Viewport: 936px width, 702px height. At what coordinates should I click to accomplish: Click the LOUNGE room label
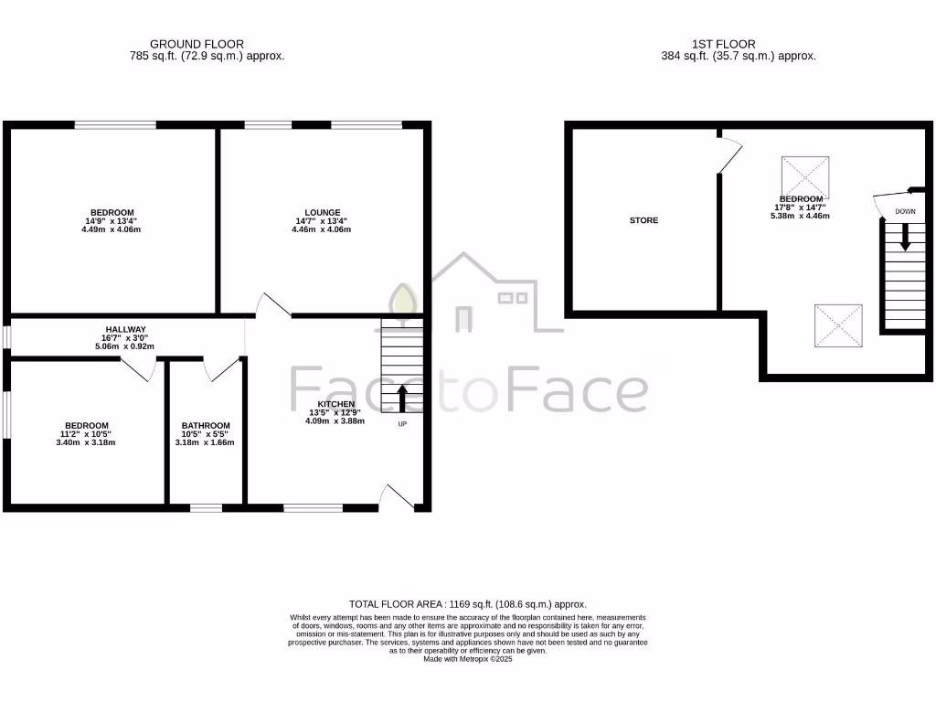pyautogui.click(x=323, y=212)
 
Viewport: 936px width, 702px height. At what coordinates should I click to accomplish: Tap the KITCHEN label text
pyautogui.click(x=335, y=404)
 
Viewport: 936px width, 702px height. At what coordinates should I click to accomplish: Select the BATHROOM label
pyautogui.click(x=206, y=425)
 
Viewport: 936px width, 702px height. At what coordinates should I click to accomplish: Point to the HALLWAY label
pyautogui.click(x=125, y=329)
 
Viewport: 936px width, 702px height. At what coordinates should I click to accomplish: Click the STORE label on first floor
pyautogui.click(x=643, y=220)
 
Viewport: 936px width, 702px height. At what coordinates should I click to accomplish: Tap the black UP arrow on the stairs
pyautogui.click(x=401, y=399)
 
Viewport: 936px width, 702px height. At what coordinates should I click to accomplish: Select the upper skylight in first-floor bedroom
pyautogui.click(x=805, y=175)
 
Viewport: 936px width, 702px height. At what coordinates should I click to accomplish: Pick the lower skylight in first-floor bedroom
pyautogui.click(x=838, y=325)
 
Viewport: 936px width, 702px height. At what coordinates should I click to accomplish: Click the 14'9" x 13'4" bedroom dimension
pyautogui.click(x=112, y=220)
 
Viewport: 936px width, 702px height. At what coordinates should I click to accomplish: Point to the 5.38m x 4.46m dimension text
pyautogui.click(x=802, y=216)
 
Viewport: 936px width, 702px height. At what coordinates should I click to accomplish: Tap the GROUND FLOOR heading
pyautogui.click(x=197, y=44)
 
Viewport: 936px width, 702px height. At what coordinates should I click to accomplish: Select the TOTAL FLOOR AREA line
pyautogui.click(x=468, y=604)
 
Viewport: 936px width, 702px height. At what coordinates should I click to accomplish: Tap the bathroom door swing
pyautogui.click(x=222, y=369)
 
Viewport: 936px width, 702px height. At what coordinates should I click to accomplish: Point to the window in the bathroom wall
pyautogui.click(x=206, y=506)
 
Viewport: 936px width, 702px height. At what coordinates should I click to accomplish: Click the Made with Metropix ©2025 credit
pyautogui.click(x=468, y=659)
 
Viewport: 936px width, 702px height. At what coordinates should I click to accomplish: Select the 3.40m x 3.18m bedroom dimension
pyautogui.click(x=87, y=442)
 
